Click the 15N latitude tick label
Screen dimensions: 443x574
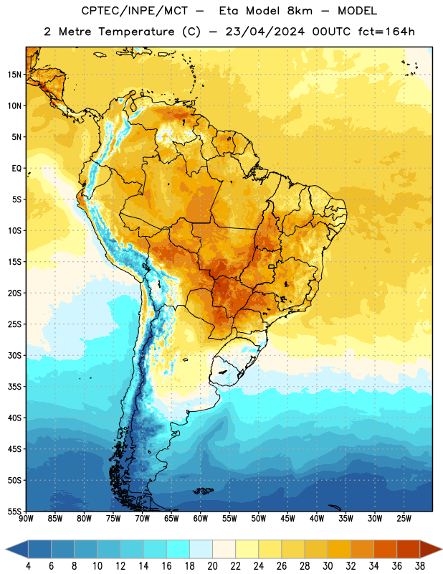pyautogui.click(x=14, y=75)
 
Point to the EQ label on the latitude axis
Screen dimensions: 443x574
pyautogui.click(x=16, y=169)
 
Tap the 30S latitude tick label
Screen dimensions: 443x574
pyautogui.click(x=14, y=355)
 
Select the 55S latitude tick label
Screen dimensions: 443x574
pyautogui.click(x=14, y=512)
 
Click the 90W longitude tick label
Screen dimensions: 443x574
pyautogui.click(x=26, y=519)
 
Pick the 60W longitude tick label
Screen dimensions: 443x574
pyautogui.click(x=201, y=519)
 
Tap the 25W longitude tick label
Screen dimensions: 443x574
pyautogui.click(x=404, y=519)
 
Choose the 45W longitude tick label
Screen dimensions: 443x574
pyautogui.click(x=287, y=519)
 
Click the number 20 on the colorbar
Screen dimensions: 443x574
pyautogui.click(x=212, y=566)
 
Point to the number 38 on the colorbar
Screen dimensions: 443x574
pyautogui.click(x=420, y=566)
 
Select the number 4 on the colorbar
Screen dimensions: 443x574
pyautogui.click(x=28, y=566)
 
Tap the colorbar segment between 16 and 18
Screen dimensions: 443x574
pyautogui.click(x=178, y=549)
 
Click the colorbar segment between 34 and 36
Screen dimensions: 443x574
pyautogui.click(x=386, y=549)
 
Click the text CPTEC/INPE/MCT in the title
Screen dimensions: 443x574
pyautogui.click(x=135, y=11)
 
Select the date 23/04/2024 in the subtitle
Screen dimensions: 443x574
pyautogui.click(x=265, y=32)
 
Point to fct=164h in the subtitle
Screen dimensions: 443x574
pyautogui.click(x=386, y=32)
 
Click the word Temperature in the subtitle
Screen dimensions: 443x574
pyautogui.click(x=136, y=32)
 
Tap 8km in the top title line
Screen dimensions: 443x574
pyautogui.click(x=300, y=11)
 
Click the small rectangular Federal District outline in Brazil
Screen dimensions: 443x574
pyautogui.click(x=272, y=266)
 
